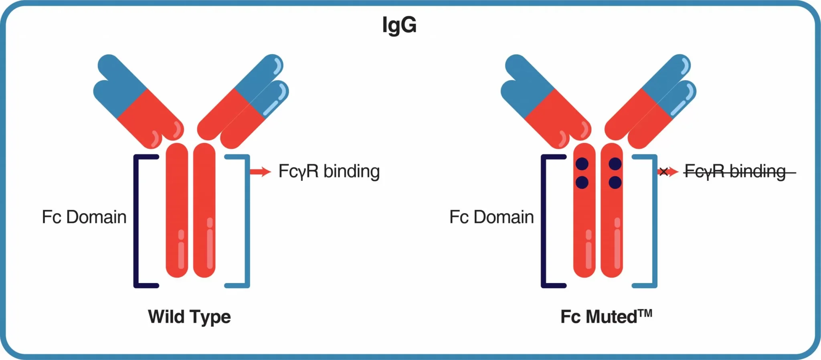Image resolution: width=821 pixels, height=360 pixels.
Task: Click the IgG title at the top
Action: (x=399, y=25)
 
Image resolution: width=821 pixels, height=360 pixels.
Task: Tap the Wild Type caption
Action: (x=189, y=317)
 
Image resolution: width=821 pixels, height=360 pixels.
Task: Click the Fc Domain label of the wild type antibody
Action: (x=84, y=217)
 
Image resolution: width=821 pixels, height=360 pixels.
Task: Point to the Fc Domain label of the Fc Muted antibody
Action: (x=491, y=217)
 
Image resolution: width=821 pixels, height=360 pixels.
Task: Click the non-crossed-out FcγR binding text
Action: (x=329, y=172)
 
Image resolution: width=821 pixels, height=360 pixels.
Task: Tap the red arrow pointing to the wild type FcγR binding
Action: (x=260, y=172)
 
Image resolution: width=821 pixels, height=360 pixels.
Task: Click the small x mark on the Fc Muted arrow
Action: (x=663, y=172)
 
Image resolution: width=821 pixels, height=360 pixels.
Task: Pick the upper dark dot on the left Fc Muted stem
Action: (x=582, y=164)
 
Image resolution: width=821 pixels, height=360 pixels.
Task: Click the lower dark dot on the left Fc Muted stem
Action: (x=582, y=182)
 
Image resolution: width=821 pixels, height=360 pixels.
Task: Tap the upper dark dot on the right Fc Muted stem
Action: (x=615, y=164)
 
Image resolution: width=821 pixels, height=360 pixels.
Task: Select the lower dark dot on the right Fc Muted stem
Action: (x=615, y=182)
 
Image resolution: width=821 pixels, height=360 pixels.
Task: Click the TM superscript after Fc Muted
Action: (x=645, y=313)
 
